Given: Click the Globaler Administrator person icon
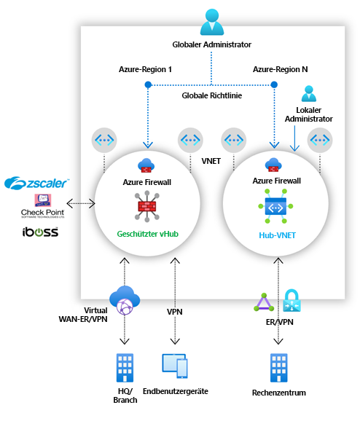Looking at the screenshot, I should [211, 22].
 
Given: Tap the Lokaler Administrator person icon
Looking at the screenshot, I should [309, 93].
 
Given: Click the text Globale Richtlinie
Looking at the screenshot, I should [211, 95].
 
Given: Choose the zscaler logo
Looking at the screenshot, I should [37, 181].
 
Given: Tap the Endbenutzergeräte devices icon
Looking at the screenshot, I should [174, 365].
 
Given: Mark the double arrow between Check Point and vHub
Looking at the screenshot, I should [80, 203].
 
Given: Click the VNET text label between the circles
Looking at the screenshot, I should [211, 158].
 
